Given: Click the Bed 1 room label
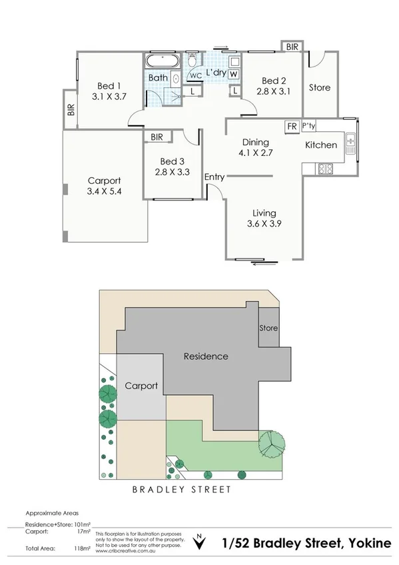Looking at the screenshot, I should click(109, 86).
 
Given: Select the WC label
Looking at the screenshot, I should click(195, 76).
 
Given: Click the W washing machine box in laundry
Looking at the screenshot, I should click(234, 74).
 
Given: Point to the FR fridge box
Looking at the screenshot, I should click(291, 126).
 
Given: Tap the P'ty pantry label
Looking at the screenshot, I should click(308, 126).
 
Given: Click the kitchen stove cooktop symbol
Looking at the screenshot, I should click(326, 169).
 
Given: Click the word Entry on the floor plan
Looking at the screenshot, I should click(214, 177).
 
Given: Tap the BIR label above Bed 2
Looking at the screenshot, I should click(292, 47).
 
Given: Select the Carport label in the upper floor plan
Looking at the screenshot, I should click(105, 181).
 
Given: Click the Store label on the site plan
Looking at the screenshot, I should click(268, 328).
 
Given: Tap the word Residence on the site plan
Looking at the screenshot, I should click(206, 356).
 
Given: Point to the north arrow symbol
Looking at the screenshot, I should click(199, 542).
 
